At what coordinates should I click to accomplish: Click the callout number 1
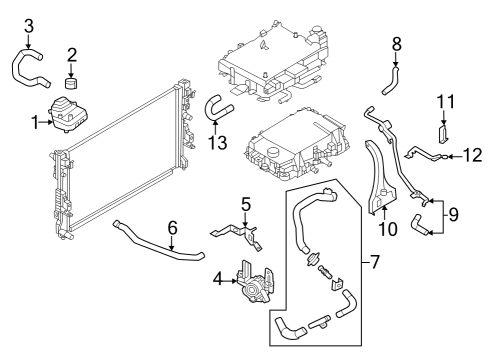coord(35,122)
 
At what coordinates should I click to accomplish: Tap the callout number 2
coord(72,53)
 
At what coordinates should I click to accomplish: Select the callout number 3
coord(28,25)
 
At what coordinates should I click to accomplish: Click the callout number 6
coord(171,226)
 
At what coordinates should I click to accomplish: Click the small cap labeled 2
coord(72,77)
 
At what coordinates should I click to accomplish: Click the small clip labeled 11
coord(444,129)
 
